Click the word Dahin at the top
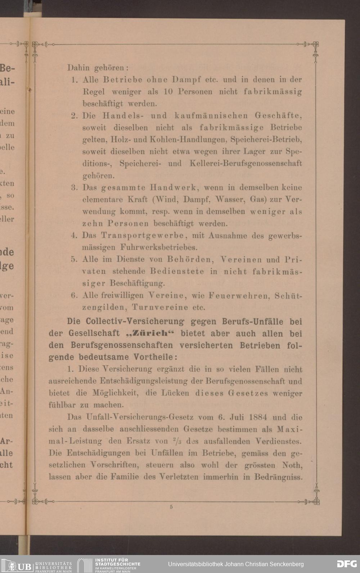[x=78, y=67]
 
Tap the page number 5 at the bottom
[x=171, y=507]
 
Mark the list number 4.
[x=74, y=236]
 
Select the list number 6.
[x=74, y=296]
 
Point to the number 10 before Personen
[x=168, y=91]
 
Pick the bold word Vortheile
[x=155, y=357]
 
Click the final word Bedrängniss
[x=278, y=477]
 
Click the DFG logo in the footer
[x=347, y=564]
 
